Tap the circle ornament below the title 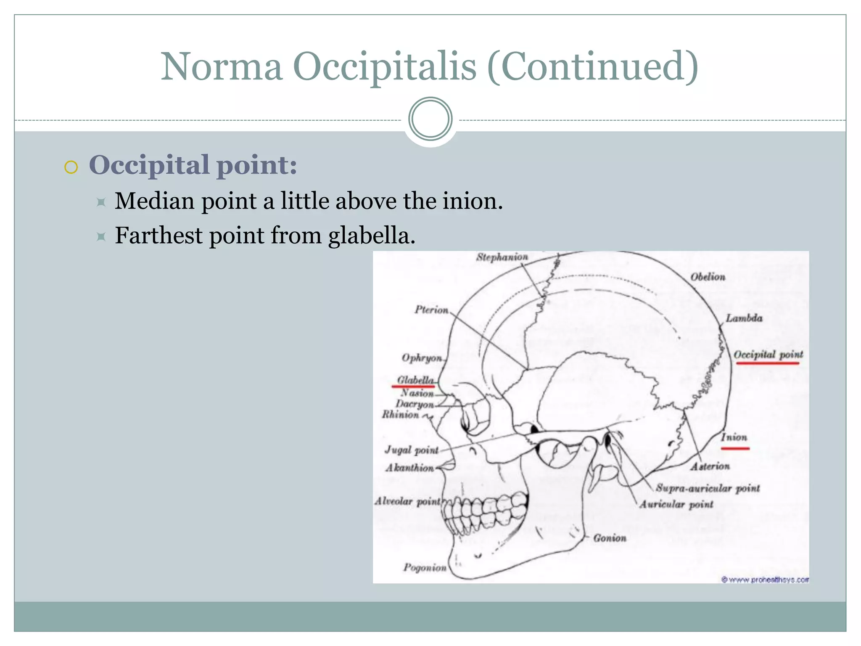[430, 119]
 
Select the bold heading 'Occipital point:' [193, 165]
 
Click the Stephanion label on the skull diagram [502, 257]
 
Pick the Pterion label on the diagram [431, 310]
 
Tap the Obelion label [708, 277]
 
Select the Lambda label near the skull [744, 318]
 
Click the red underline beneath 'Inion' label [735, 448]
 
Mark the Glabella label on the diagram [415, 380]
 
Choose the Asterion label [710, 466]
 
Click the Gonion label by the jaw [610, 538]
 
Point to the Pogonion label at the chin [425, 568]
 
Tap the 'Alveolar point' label [407, 501]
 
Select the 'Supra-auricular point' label [708, 488]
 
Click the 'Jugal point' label [411, 450]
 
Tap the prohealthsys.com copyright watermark [765, 580]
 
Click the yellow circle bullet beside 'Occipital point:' [71, 167]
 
